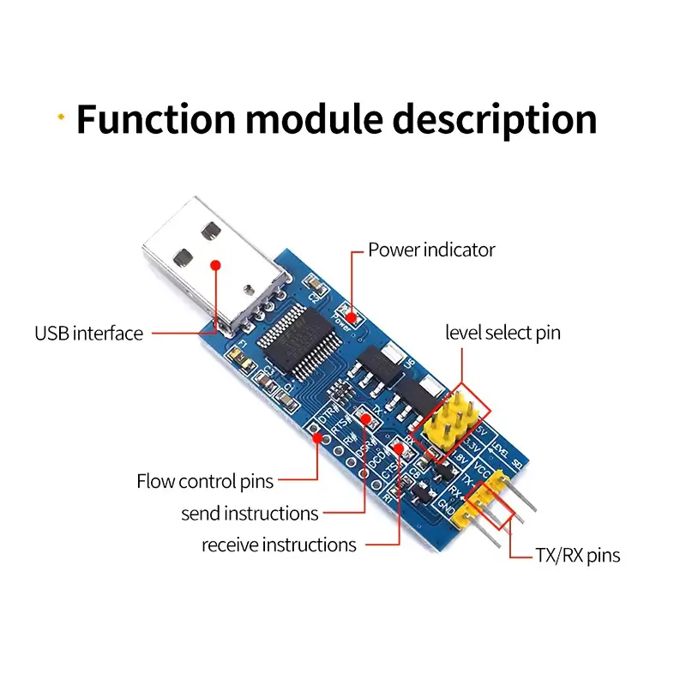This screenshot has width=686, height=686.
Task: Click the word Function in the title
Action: pos(155,118)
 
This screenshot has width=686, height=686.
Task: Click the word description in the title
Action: pos(495,118)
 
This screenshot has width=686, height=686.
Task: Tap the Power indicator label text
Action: pos(431,250)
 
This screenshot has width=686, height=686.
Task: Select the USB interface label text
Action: pos(88,334)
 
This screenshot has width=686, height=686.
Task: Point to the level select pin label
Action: pos(502,333)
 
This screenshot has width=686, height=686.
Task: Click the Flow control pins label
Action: pos(205,481)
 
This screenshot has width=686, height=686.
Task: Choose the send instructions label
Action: pos(250,514)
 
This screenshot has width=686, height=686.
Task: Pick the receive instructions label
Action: pos(279,545)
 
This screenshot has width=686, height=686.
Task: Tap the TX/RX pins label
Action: pos(577,555)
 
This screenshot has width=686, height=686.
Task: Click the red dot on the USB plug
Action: pos(217,265)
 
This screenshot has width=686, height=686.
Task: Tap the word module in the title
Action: pos(313,118)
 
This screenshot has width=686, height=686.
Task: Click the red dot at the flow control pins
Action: pos(317,438)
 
